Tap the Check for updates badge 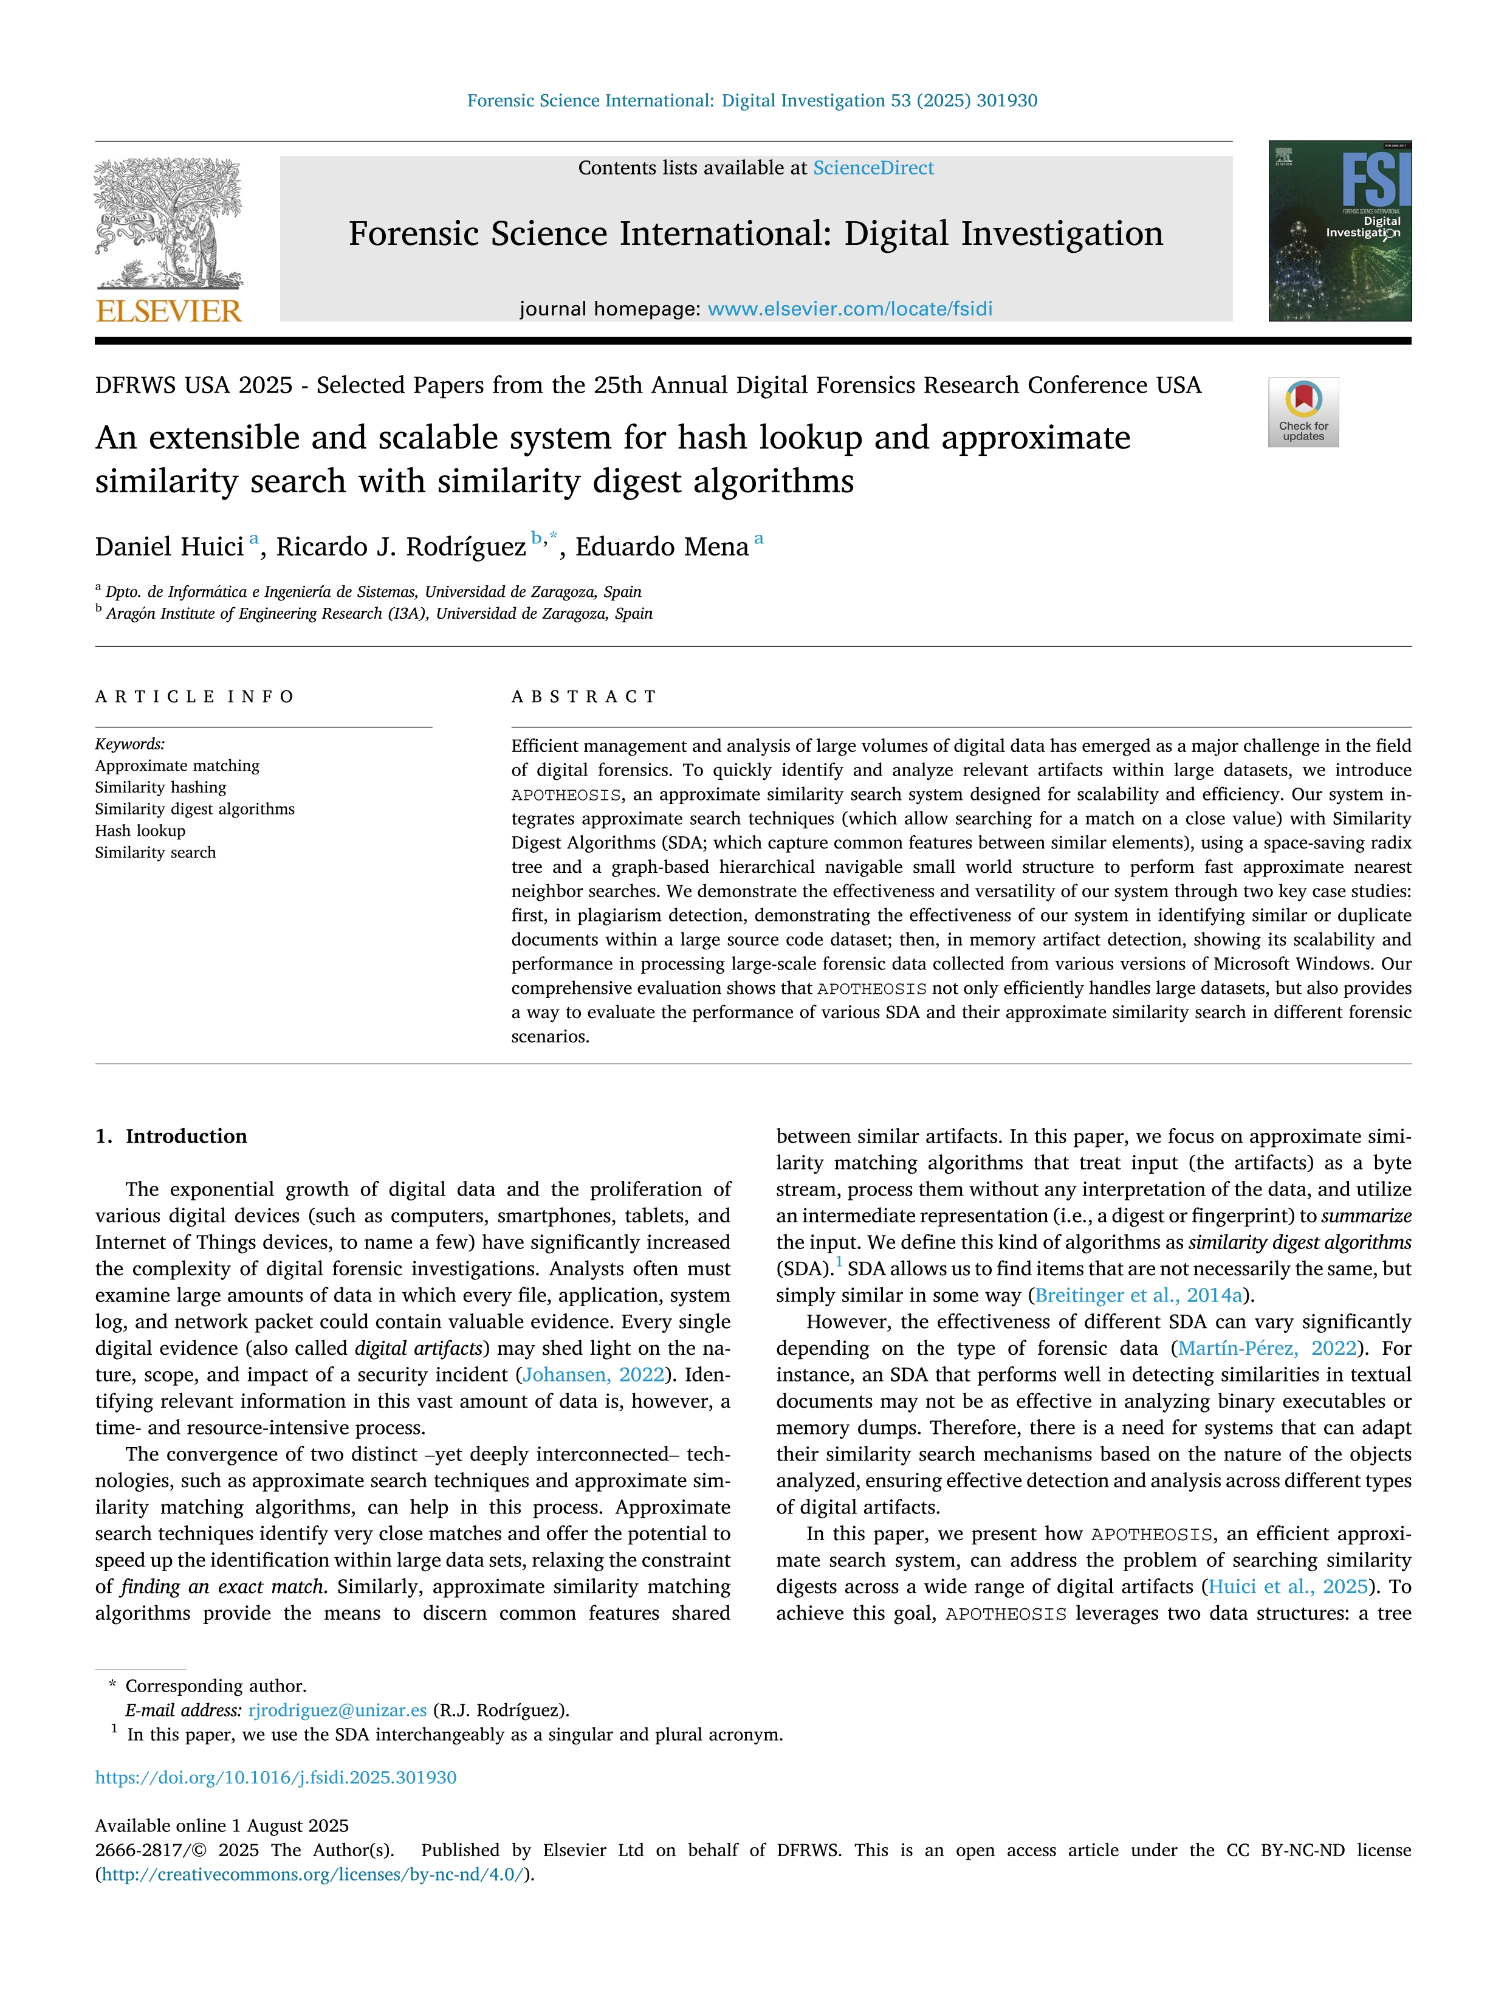pyautogui.click(x=1303, y=411)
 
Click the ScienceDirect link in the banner pyautogui.click(x=873, y=168)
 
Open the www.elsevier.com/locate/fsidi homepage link pyautogui.click(x=850, y=309)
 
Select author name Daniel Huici pyautogui.click(x=169, y=546)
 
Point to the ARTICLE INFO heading pyautogui.click(x=194, y=697)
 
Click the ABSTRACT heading pyautogui.click(x=584, y=697)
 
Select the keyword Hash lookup pyautogui.click(x=140, y=830)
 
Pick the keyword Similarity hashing pyautogui.click(x=161, y=787)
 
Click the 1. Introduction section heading pyautogui.click(x=171, y=1136)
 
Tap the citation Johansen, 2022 pyautogui.click(x=593, y=1375)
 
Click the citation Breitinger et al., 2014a pyautogui.click(x=1138, y=1295)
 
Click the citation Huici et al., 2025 pyautogui.click(x=1287, y=1586)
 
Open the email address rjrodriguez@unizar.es pyautogui.click(x=337, y=1710)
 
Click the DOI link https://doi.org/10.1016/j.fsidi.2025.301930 pyautogui.click(x=276, y=1777)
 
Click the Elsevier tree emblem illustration pyautogui.click(x=169, y=222)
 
